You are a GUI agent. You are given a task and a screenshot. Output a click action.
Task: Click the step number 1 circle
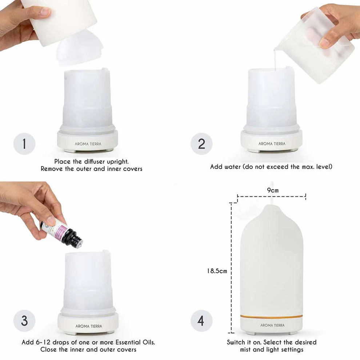pyautogui.click(x=24, y=144)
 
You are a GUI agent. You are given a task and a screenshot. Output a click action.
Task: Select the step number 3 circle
pyautogui.click(x=24, y=321)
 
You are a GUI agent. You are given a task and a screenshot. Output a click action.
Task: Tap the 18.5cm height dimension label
pyautogui.click(x=217, y=271)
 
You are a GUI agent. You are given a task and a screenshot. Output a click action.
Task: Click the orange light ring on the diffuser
pyautogui.click(x=272, y=317)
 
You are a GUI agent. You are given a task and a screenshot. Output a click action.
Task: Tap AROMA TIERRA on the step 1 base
pyautogui.click(x=88, y=144)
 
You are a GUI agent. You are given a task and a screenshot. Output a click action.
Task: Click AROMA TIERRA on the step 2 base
pyautogui.click(x=272, y=144)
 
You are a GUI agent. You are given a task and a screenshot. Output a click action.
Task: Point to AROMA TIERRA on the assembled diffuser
pyautogui.click(x=272, y=325)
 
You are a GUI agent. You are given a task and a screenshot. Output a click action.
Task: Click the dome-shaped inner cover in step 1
pyautogui.click(x=78, y=49)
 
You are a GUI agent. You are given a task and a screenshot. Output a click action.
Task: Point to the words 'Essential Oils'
pyautogui.click(x=135, y=342)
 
